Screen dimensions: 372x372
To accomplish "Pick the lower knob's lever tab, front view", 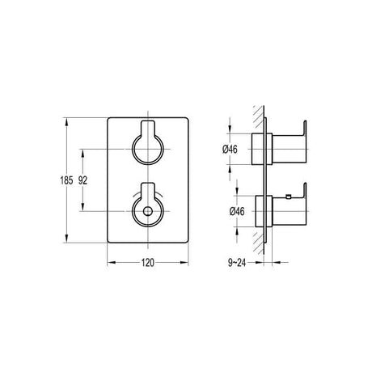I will point(146,191).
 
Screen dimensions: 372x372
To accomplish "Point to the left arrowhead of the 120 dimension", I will point(112,261).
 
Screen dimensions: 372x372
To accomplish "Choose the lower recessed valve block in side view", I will point(260,211).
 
